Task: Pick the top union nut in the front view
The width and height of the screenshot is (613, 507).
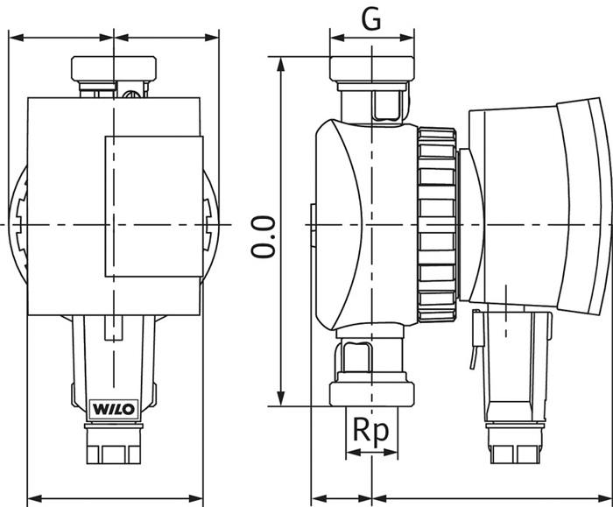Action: tap(115, 68)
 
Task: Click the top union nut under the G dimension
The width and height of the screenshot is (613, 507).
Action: tap(372, 68)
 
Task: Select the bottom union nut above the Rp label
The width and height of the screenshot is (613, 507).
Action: tap(370, 391)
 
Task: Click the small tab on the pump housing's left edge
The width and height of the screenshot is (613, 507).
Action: tap(311, 219)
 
